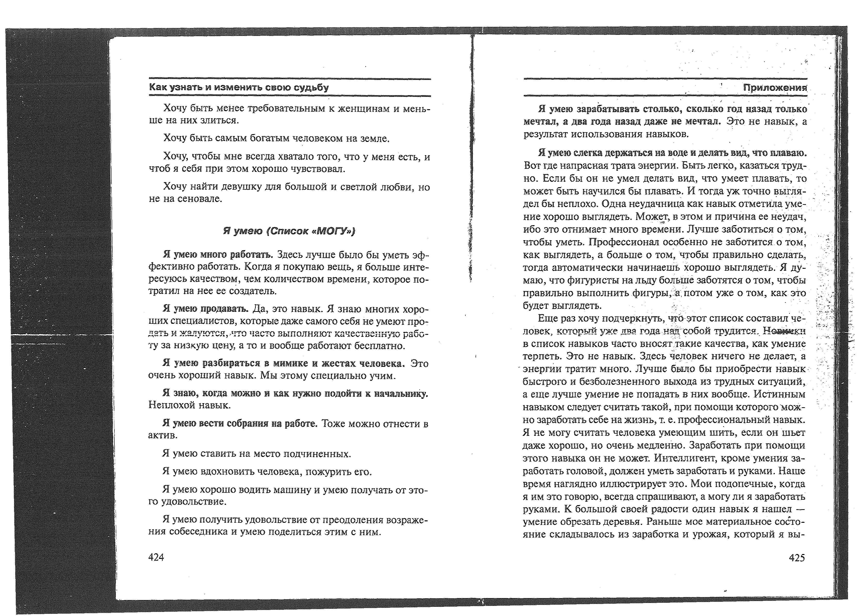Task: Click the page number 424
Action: pyautogui.click(x=156, y=557)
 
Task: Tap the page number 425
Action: pyautogui.click(x=797, y=558)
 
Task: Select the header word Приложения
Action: pyautogui.click(x=775, y=88)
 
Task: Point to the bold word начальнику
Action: pyautogui.click(x=401, y=393)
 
